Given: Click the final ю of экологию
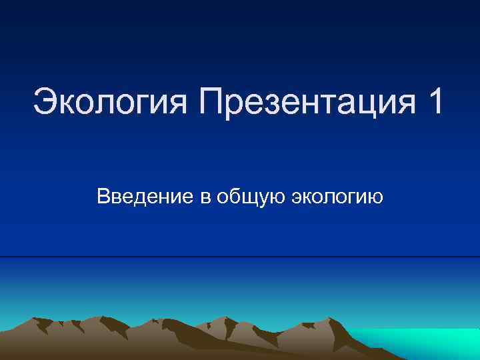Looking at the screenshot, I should click(x=375, y=198).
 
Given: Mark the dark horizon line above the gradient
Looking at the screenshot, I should click(x=240, y=257).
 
